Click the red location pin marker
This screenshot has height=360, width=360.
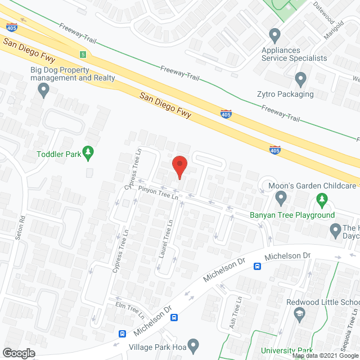pos(179,167)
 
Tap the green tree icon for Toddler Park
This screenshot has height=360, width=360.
pos(88,152)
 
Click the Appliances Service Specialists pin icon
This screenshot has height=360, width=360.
pos(275,36)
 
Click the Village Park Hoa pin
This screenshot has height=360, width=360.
pos(193,344)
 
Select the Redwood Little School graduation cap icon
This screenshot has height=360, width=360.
pos(299,316)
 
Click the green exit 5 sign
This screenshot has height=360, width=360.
pos(83,55)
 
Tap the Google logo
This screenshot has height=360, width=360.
pos(18,353)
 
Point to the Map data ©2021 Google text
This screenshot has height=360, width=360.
pos(325,355)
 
